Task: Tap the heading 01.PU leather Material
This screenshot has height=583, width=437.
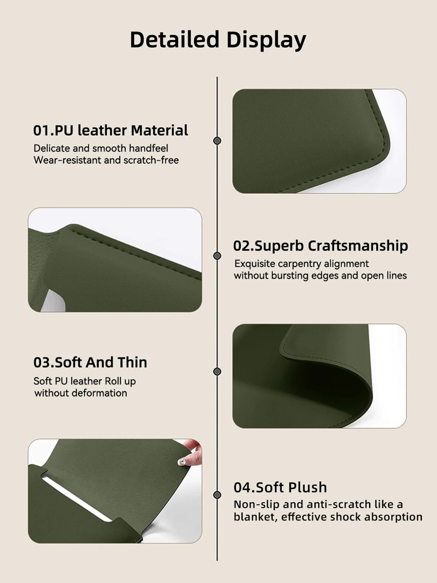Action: point(111,130)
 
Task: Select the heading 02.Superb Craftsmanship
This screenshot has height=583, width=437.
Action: point(321,246)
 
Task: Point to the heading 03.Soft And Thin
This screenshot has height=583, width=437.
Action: point(90,362)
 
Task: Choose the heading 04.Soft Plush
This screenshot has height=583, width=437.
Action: point(280,487)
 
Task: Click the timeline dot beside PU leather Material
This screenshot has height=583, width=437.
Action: point(217,141)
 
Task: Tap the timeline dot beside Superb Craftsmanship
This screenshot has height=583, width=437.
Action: point(217,256)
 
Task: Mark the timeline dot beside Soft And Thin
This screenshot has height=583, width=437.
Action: point(217,371)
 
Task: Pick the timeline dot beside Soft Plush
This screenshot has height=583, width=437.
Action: point(217,495)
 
